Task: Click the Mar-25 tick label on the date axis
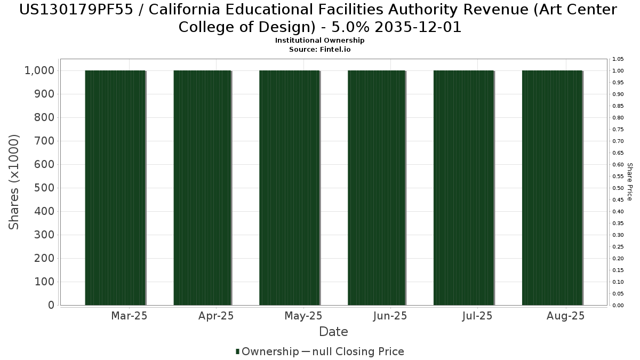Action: pos(129,316)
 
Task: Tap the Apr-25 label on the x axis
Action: pos(215,316)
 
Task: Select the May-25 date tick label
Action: pos(303,316)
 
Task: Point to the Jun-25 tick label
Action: pos(390,316)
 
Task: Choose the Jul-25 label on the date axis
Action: pos(477,316)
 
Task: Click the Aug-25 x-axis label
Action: pos(566,316)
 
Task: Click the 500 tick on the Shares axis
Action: pos(45,188)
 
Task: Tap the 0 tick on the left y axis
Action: pos(51,305)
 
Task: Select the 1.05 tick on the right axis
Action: pos(618,59)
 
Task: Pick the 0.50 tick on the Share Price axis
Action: pos(618,188)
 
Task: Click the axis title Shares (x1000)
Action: pos(14,182)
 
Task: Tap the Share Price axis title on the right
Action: pos(629,182)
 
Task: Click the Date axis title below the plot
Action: pos(333,332)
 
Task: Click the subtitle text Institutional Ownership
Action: pos(319,41)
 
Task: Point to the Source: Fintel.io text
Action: pos(319,49)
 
